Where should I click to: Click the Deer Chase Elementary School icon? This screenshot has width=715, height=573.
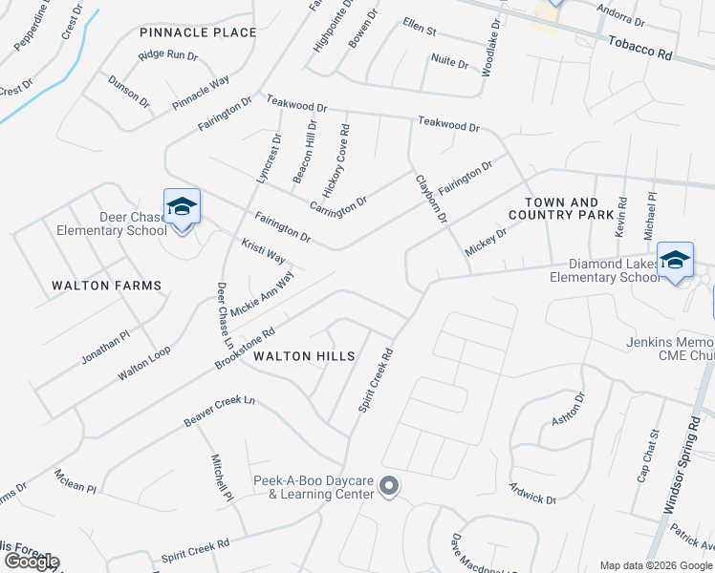[182, 206]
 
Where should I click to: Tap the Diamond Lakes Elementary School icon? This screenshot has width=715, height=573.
[675, 260]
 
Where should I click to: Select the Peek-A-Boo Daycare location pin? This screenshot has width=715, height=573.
[388, 487]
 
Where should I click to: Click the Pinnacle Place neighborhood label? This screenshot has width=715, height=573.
[198, 32]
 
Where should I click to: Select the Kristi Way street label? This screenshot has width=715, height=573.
[263, 252]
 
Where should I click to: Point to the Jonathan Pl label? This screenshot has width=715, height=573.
[104, 347]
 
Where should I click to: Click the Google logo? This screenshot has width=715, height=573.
[31, 562]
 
